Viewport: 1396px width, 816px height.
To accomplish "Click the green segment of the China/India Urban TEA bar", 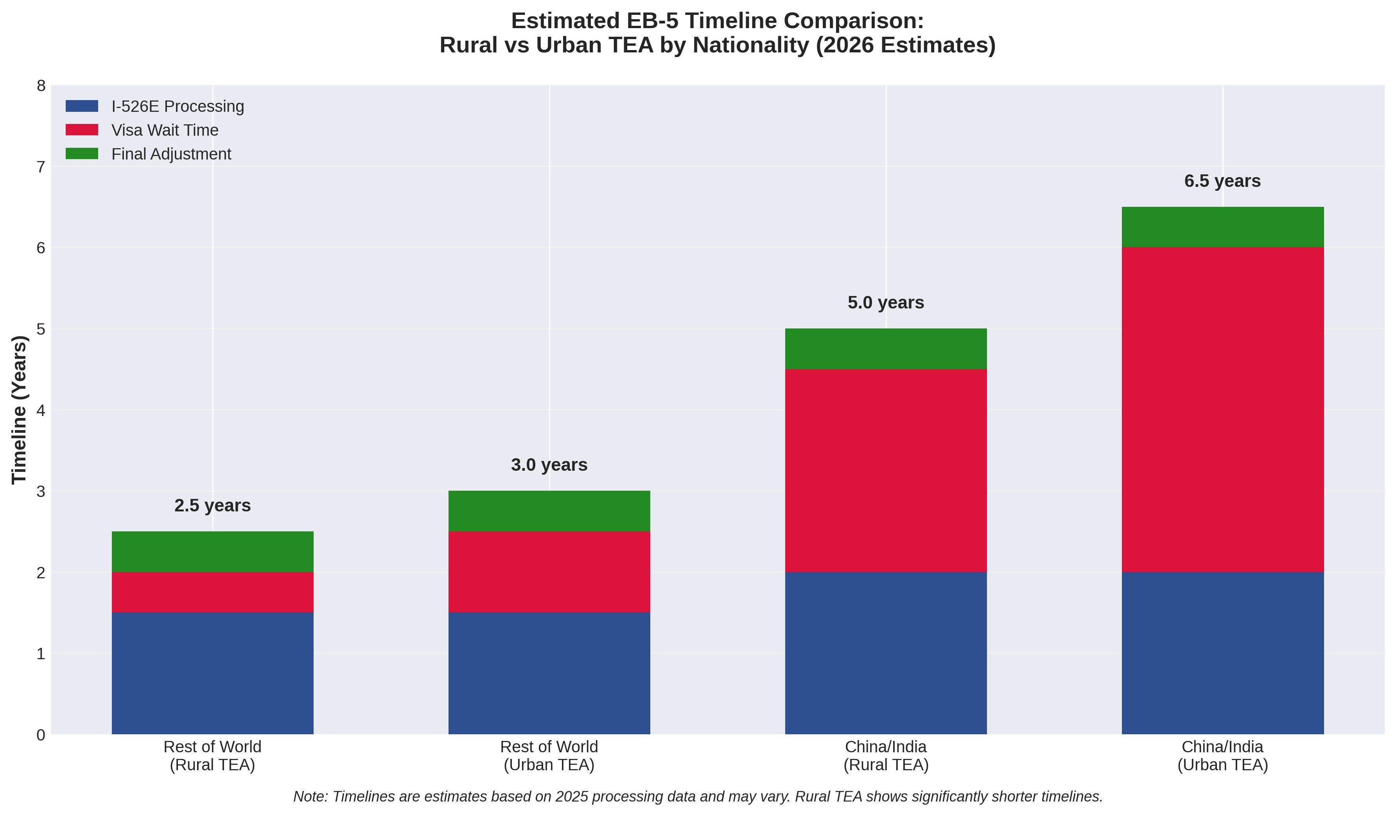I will click(x=1223, y=227).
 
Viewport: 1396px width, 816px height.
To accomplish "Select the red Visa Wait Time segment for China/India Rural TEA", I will click(x=886, y=470).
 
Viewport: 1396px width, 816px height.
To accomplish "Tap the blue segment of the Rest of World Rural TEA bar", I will click(x=212, y=673).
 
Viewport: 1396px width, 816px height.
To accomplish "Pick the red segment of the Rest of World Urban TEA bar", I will click(x=549, y=572).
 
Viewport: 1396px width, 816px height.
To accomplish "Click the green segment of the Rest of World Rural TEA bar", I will click(x=212, y=552).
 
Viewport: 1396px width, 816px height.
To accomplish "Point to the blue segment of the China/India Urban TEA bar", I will click(x=1223, y=653).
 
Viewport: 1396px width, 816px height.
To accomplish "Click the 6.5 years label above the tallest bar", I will click(x=1223, y=181).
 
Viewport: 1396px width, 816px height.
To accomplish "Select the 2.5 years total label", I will click(x=212, y=506).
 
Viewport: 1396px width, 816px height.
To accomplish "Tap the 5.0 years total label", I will click(x=886, y=303).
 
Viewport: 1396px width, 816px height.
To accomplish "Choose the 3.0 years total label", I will click(x=549, y=465).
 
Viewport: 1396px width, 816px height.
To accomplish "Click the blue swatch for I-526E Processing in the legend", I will click(x=82, y=106).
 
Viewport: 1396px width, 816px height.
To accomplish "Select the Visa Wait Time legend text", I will click(x=165, y=130).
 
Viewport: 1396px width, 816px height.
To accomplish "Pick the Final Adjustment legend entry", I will click(x=171, y=154).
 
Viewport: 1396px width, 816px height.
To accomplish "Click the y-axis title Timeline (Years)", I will click(x=20, y=410).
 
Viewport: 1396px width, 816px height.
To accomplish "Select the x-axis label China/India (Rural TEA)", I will click(x=886, y=756).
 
